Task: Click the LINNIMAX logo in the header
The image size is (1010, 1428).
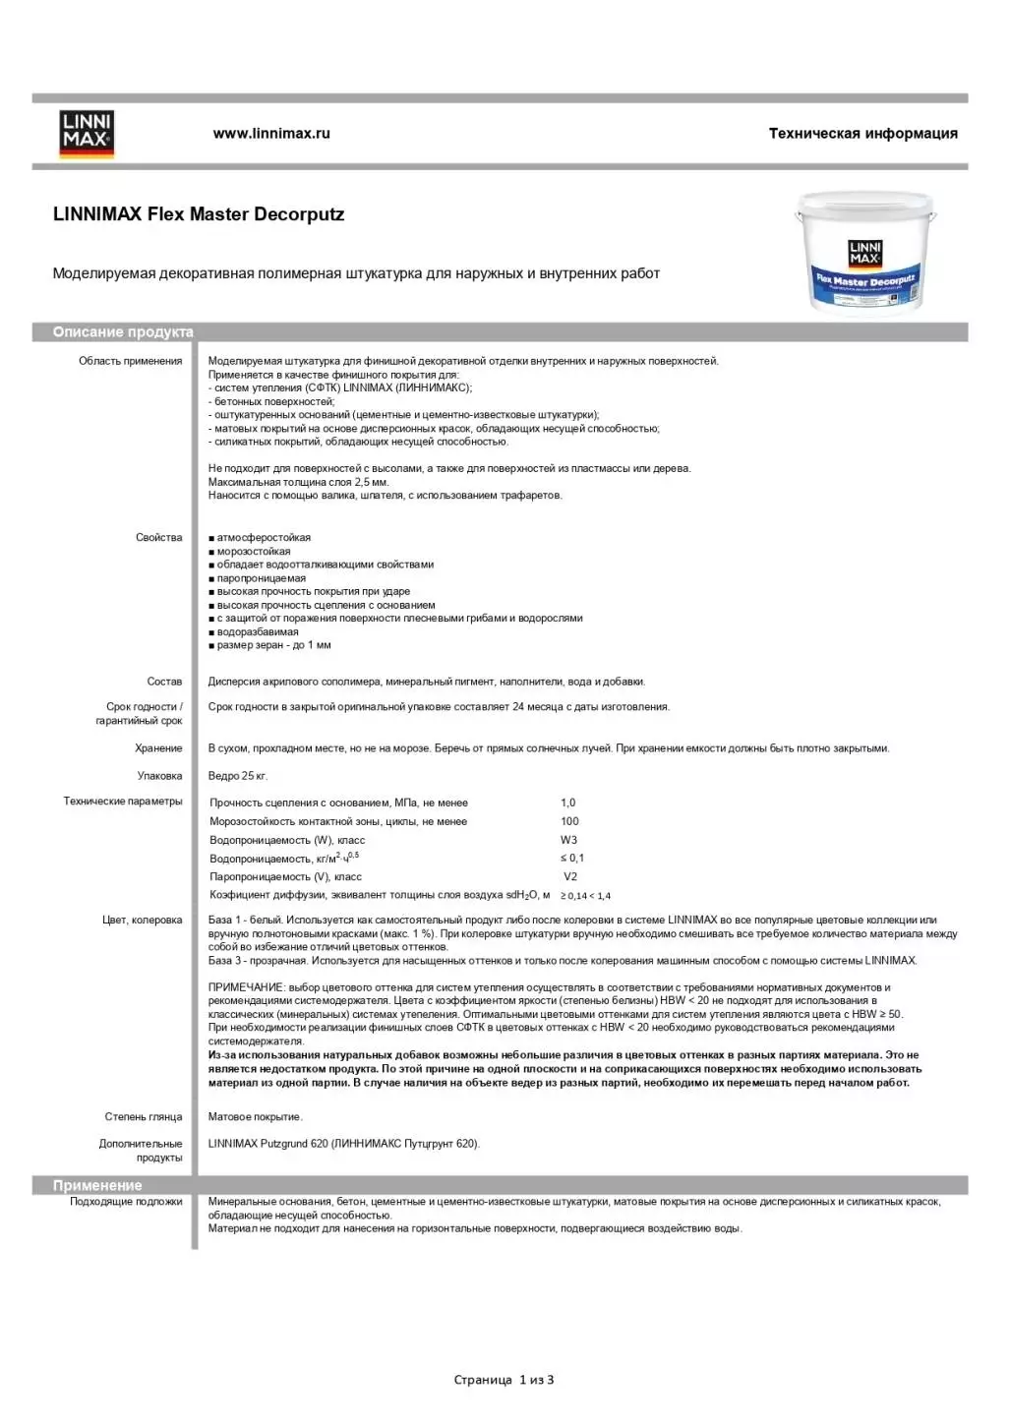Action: tap(88, 134)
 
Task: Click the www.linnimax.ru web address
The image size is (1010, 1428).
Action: tap(271, 134)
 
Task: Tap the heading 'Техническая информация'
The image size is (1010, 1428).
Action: tap(862, 134)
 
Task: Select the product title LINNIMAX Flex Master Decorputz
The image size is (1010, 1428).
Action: tap(199, 214)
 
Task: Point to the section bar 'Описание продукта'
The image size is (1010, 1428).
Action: tap(124, 332)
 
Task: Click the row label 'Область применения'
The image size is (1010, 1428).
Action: tap(131, 361)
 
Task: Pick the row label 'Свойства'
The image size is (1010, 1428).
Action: tap(159, 538)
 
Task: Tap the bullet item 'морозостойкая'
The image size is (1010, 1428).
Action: tap(254, 552)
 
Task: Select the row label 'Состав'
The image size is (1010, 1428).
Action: tap(164, 682)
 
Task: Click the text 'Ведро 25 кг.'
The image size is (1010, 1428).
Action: tap(238, 776)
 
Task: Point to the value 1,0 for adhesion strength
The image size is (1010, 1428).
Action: tap(568, 803)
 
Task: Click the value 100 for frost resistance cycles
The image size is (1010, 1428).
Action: tap(570, 821)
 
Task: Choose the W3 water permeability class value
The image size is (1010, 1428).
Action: tap(569, 840)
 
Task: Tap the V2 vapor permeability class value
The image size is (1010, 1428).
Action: tap(570, 876)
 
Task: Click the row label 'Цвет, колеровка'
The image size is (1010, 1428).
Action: tap(143, 921)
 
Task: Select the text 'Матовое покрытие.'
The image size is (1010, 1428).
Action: tap(256, 1117)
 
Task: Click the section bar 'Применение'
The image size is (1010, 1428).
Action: tap(97, 1186)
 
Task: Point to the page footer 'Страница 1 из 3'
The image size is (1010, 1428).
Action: tap(504, 1380)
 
